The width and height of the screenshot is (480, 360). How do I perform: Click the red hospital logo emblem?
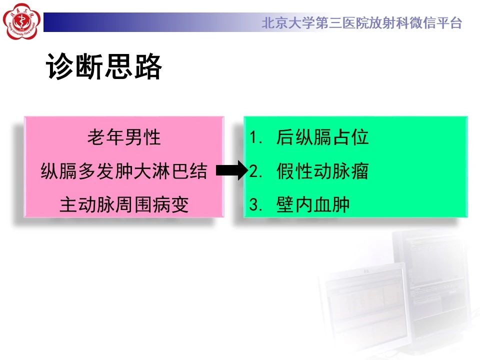(x=21, y=21)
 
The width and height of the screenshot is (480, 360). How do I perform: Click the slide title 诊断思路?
(x=104, y=66)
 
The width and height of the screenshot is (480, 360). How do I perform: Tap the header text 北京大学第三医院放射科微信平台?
(x=362, y=23)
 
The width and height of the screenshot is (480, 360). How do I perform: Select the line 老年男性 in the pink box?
(x=124, y=137)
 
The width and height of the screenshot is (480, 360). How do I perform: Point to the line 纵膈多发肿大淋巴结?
(x=124, y=171)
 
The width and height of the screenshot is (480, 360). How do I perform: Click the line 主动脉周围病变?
(x=124, y=204)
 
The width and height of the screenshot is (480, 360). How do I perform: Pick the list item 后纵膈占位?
(x=322, y=137)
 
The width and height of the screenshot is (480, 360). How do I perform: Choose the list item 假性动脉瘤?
(x=322, y=170)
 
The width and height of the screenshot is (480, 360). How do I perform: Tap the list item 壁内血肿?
(x=313, y=204)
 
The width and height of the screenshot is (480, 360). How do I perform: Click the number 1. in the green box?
(x=255, y=137)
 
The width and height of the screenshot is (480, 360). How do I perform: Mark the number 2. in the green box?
(x=255, y=171)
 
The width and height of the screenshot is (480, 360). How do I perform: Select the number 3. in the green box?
(x=255, y=204)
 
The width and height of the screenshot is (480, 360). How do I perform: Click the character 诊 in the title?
(x=60, y=66)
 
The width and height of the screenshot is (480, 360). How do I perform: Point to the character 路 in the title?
(x=148, y=66)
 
